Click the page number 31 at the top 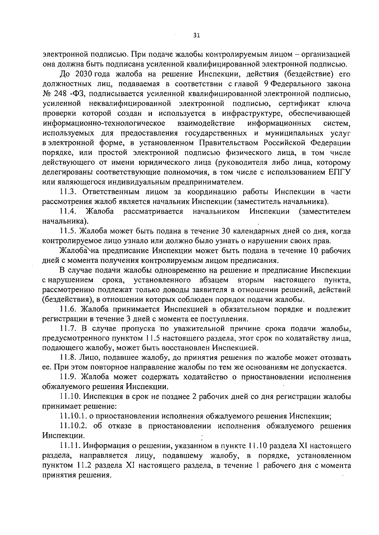pos(196,36)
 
